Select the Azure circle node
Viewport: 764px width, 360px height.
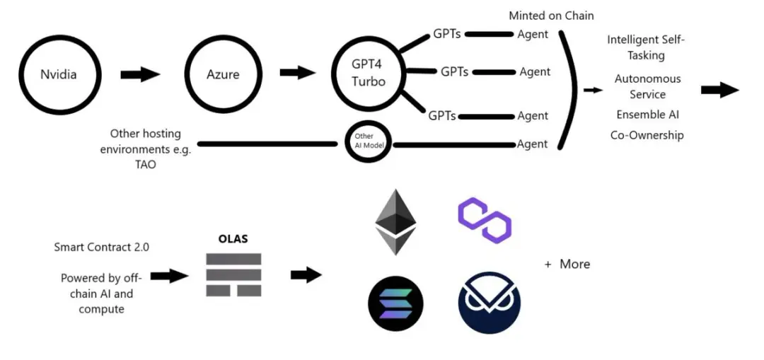click(x=222, y=74)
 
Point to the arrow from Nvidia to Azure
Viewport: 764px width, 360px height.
click(x=141, y=74)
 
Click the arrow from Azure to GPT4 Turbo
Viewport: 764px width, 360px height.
click(x=298, y=72)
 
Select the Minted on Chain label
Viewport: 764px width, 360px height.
click(x=551, y=16)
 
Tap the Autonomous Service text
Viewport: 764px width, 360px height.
click(x=647, y=86)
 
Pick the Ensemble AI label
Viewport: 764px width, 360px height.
click(x=647, y=115)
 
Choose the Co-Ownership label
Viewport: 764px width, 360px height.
click(x=647, y=134)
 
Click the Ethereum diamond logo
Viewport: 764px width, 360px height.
click(x=395, y=221)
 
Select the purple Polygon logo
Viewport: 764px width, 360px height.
click(x=485, y=220)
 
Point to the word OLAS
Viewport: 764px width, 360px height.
click(x=233, y=238)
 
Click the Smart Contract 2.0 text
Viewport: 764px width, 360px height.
click(x=101, y=247)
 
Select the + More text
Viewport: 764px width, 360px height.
click(x=567, y=264)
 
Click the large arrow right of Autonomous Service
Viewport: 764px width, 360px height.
click(x=719, y=90)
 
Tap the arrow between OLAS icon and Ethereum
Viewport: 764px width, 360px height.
click(x=306, y=275)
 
